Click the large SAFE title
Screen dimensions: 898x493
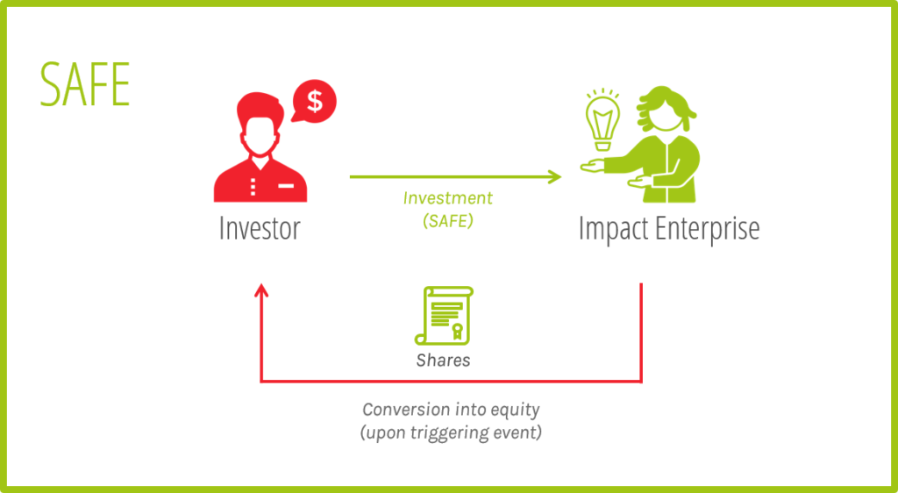(85, 84)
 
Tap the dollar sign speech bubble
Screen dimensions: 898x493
(314, 101)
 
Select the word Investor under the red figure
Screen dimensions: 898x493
(260, 228)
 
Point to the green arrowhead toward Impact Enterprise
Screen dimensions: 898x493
(554, 177)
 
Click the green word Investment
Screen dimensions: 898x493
(448, 198)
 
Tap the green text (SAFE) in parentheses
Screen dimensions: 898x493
(448, 221)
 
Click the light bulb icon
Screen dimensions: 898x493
(602, 119)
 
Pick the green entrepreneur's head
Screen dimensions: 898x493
(666, 111)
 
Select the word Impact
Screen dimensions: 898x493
(613, 229)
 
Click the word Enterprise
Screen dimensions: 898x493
(708, 229)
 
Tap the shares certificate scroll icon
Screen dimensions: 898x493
(444, 316)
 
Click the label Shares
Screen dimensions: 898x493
(443, 361)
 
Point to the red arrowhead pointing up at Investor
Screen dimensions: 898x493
(261, 289)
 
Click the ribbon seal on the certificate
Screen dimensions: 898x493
(457, 331)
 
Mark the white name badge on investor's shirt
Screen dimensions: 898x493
(286, 185)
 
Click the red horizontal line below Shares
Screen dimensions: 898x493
(452, 381)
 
